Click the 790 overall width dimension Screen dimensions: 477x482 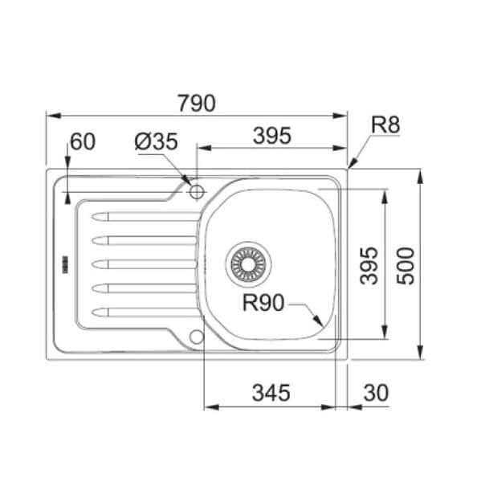click(x=197, y=104)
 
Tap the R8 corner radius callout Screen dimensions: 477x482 click(x=385, y=125)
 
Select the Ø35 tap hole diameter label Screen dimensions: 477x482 click(x=156, y=141)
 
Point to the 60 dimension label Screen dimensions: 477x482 click(x=83, y=141)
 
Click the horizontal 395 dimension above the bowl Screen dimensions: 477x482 click(x=272, y=136)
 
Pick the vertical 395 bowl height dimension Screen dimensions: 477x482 click(x=369, y=266)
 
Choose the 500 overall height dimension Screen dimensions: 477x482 click(x=406, y=266)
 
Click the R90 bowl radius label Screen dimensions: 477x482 click(x=263, y=303)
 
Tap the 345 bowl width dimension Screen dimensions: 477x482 click(x=271, y=393)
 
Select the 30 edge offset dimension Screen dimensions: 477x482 click(x=376, y=393)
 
